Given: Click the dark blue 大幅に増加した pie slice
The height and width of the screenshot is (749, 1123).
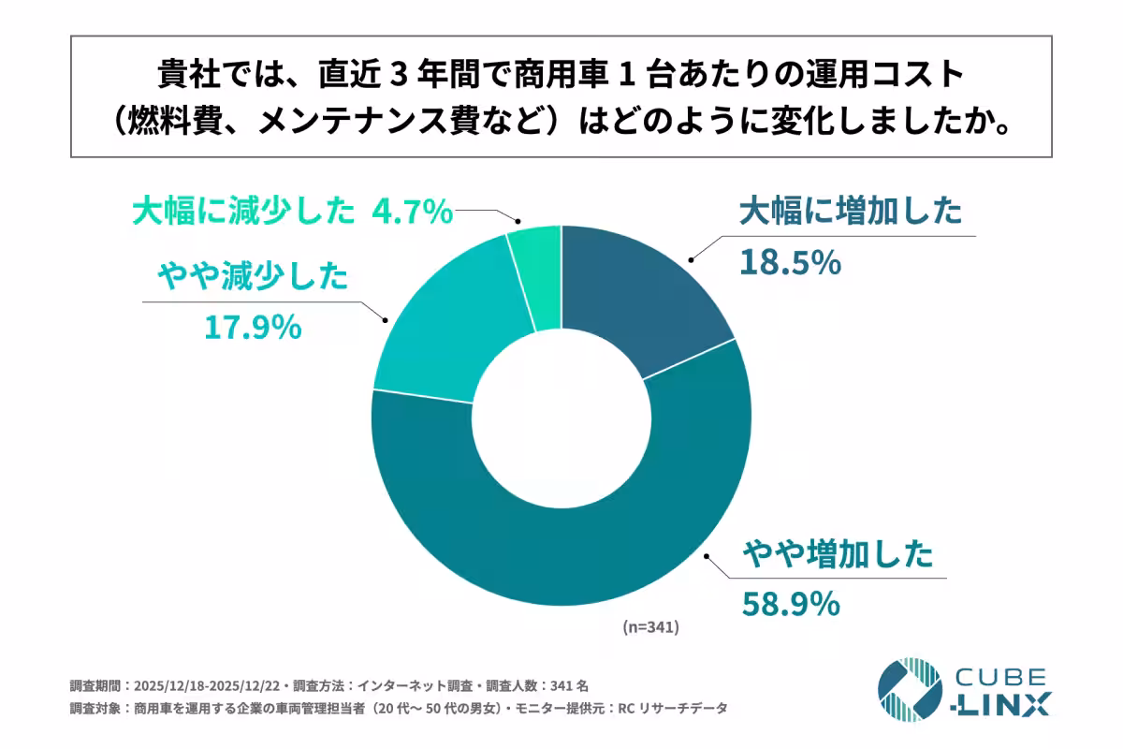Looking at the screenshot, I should pos(636,290).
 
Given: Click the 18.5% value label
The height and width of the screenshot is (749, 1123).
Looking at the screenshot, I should pos(790,264).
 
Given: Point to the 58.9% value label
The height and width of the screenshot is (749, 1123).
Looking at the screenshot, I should pos(790,605).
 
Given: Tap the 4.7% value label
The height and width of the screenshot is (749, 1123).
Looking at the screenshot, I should pos(412,213).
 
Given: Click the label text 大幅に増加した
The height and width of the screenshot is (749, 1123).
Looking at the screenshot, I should pos(850,213).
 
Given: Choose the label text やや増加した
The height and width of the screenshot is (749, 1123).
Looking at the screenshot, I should pos(838,555).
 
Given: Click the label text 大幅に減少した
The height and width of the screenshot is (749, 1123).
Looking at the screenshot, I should pos(243,213).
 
